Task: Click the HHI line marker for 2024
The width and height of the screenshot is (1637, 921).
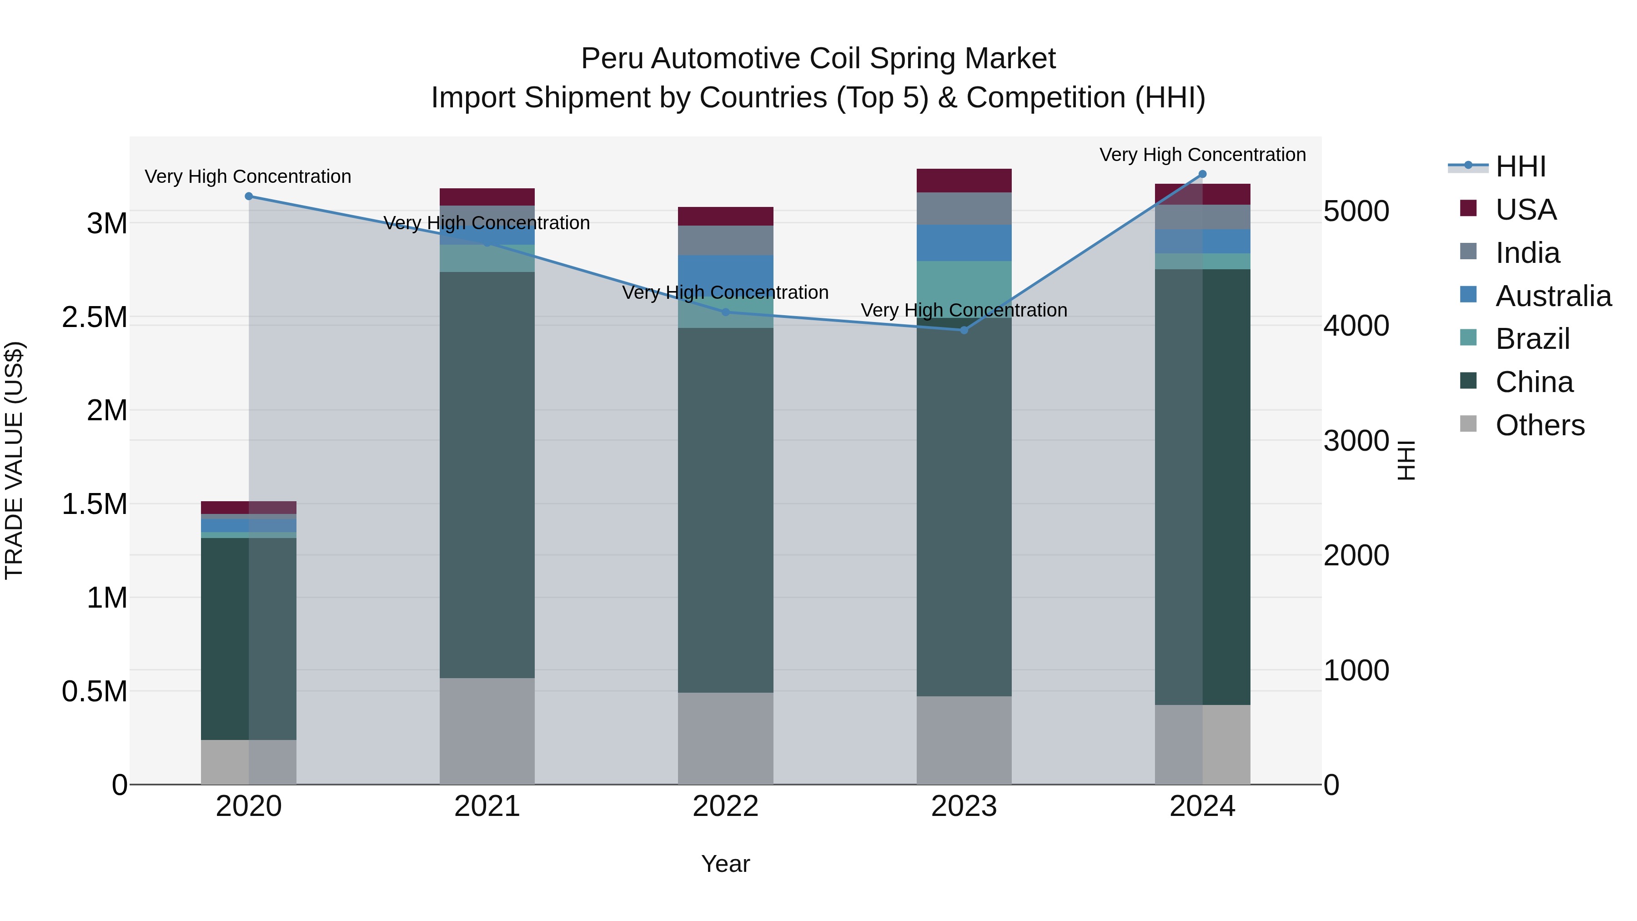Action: [x=1202, y=174]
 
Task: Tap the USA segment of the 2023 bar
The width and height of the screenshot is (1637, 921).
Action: [x=964, y=181]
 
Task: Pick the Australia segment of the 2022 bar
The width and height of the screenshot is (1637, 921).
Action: [x=725, y=273]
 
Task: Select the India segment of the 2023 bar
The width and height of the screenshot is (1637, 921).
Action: [x=964, y=208]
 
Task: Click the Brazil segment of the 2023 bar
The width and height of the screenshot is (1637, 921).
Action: [x=964, y=286]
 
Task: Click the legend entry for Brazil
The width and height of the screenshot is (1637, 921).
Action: [x=1532, y=339]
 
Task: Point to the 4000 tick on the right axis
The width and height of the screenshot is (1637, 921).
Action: [x=1356, y=326]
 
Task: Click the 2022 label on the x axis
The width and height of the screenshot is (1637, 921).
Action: [x=725, y=806]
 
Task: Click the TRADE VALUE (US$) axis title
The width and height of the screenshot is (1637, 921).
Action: [x=14, y=460]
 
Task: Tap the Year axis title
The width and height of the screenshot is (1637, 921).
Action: [x=725, y=864]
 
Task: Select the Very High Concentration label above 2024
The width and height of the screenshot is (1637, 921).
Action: [x=1202, y=155]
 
